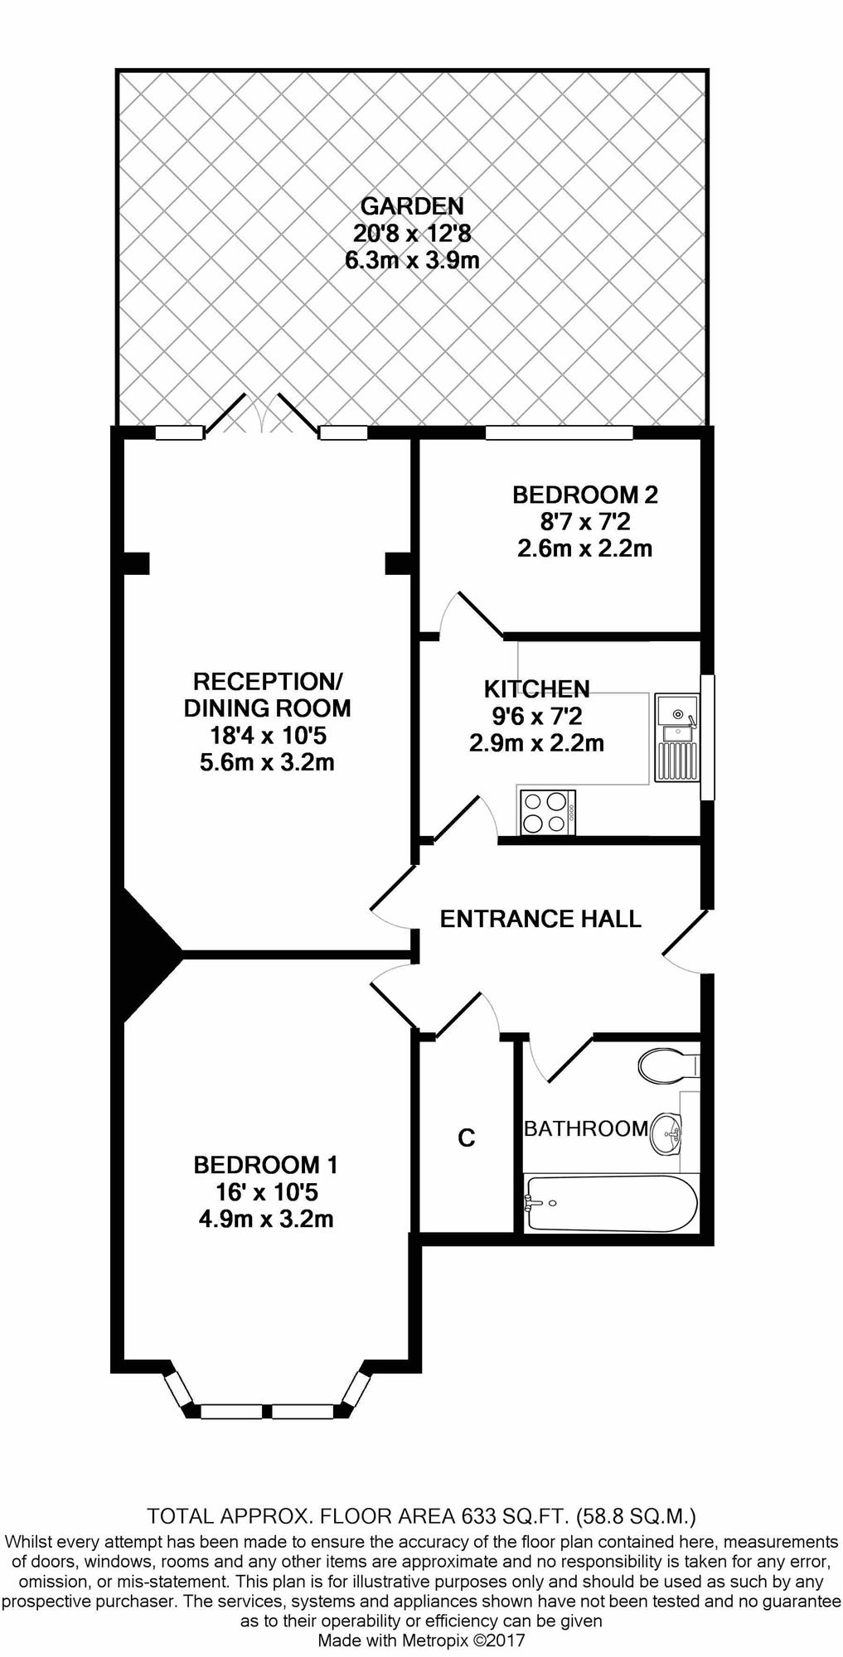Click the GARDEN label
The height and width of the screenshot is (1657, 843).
pyautogui.click(x=412, y=205)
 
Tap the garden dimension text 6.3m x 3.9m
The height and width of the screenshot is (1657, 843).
pyautogui.click(x=412, y=260)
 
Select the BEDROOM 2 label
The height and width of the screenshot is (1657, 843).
pyautogui.click(x=585, y=495)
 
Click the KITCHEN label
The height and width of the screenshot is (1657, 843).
pyautogui.click(x=537, y=688)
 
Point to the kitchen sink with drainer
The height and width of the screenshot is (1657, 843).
pyautogui.click(x=677, y=737)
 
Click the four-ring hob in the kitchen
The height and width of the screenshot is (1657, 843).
pyautogui.click(x=547, y=812)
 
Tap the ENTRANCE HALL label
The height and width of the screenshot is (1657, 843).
pyautogui.click(x=540, y=919)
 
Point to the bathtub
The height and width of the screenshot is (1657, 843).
pyautogui.click(x=612, y=1203)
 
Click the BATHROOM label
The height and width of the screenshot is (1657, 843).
pyautogui.click(x=586, y=1128)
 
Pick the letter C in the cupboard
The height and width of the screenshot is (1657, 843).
pyautogui.click(x=467, y=1138)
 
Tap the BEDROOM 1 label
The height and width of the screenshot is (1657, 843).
pyautogui.click(x=265, y=1165)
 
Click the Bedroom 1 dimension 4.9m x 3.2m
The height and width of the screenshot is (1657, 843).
pyautogui.click(x=266, y=1219)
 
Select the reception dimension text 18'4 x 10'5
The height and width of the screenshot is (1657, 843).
pyautogui.click(x=267, y=735)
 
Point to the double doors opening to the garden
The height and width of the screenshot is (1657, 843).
pyautogui.click(x=262, y=413)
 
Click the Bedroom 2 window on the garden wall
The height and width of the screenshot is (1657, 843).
pyautogui.click(x=559, y=432)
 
